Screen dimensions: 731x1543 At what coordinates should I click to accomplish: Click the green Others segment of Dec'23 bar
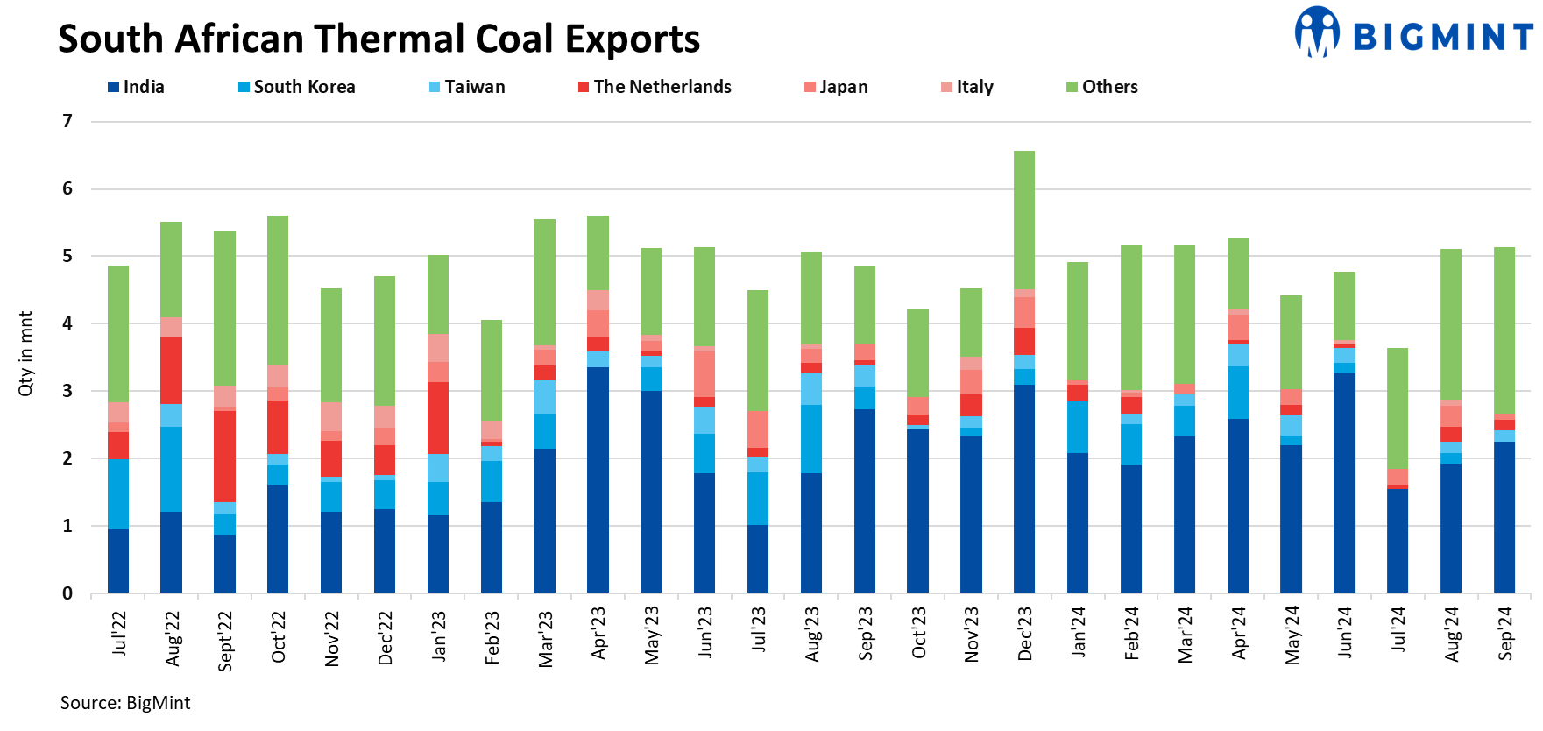pyautogui.click(x=1023, y=219)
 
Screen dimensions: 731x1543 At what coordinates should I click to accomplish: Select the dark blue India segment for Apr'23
pyautogui.click(x=598, y=479)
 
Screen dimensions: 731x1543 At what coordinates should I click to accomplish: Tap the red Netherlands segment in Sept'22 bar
pyautogui.click(x=224, y=456)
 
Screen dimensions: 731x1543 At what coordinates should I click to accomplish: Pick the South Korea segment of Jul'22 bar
pyautogui.click(x=118, y=493)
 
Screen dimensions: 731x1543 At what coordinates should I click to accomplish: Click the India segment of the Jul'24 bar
pyautogui.click(x=1397, y=541)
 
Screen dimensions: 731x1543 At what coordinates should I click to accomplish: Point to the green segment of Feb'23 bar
pyautogui.click(x=492, y=370)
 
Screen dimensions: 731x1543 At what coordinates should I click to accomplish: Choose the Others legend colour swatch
pyautogui.click(x=1072, y=87)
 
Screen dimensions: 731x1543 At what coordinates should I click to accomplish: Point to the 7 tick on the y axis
pyautogui.click(x=67, y=121)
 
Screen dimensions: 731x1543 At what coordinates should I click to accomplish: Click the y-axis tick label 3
pyautogui.click(x=67, y=391)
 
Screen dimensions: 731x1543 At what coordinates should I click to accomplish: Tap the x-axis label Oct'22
pyautogui.click(x=278, y=637)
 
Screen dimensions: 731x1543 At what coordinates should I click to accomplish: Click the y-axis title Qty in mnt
pyautogui.click(x=25, y=353)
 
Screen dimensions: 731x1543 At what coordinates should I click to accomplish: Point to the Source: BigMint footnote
pyautogui.click(x=124, y=703)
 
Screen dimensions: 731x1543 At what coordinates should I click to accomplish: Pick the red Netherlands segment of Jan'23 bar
pyautogui.click(x=437, y=417)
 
